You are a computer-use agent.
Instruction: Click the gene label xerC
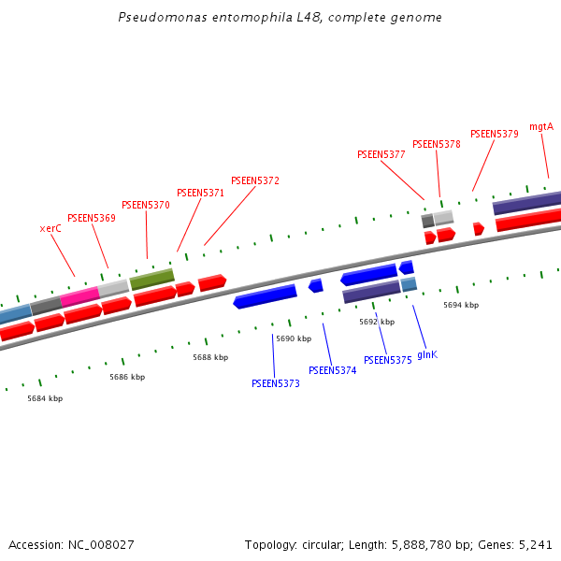tap(50, 228)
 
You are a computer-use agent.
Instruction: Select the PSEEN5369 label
tap(92, 218)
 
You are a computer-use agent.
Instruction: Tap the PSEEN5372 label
tap(255, 180)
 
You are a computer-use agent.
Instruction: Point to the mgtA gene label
tap(541, 126)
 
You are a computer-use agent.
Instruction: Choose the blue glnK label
tap(427, 354)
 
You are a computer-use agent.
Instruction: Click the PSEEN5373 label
tap(276, 383)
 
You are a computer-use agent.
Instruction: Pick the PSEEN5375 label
tap(388, 360)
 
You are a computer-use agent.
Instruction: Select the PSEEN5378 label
tap(437, 144)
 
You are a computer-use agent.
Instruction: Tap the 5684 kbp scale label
tap(45, 398)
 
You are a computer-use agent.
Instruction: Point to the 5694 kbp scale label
tap(461, 305)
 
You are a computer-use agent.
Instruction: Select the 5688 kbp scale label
tap(210, 357)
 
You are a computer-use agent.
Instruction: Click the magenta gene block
tap(79, 297)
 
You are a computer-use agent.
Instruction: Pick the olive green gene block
tap(151, 279)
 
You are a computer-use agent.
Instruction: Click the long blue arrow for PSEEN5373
tap(266, 296)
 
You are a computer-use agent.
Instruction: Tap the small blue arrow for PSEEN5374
tap(316, 285)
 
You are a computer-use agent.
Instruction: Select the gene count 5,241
tap(535, 544)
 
